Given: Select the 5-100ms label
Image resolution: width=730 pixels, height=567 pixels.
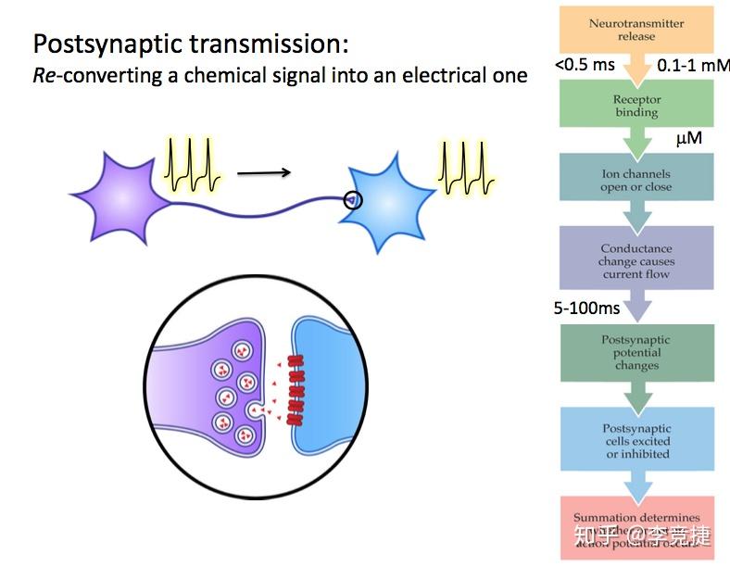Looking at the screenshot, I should tap(586, 307).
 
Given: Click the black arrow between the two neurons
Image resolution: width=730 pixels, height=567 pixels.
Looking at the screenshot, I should tap(264, 172).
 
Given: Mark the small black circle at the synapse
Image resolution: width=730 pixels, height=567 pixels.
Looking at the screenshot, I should tap(353, 199).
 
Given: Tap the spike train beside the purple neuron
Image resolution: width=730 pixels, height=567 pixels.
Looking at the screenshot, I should tap(193, 164).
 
